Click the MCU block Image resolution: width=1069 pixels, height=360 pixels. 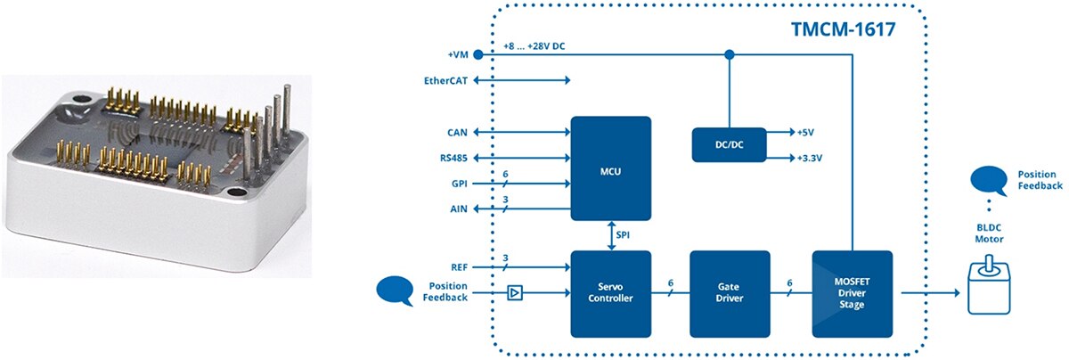610,168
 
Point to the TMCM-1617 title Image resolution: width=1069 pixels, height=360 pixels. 843,29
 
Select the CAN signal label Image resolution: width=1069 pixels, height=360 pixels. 457,132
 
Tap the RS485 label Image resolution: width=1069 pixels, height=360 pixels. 453,159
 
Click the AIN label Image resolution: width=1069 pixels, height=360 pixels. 458,210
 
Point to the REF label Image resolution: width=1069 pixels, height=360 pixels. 458,266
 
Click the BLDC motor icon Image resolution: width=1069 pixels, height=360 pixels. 987,283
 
